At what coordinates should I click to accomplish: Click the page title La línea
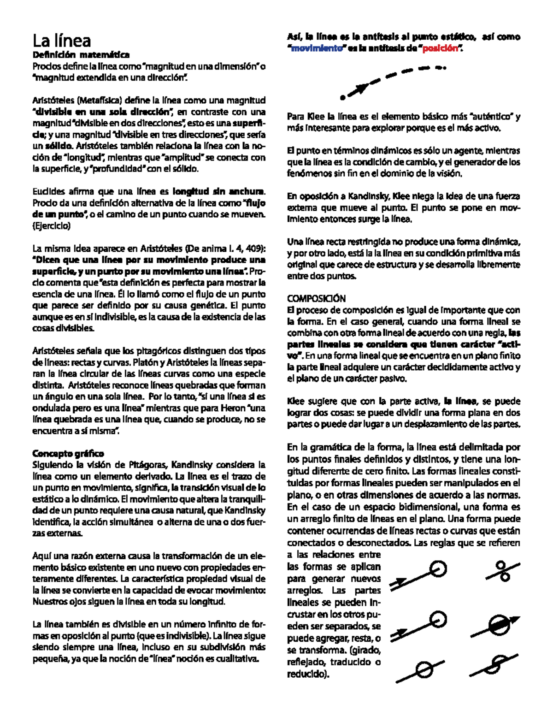tap(62, 41)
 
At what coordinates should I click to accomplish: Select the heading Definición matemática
tap(81, 55)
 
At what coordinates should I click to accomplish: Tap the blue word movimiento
tap(317, 48)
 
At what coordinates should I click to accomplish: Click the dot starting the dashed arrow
tap(342, 97)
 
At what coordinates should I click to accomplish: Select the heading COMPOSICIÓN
tap(316, 298)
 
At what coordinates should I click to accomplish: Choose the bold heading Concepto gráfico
tap(68, 453)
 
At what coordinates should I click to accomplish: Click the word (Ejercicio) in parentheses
tap(51, 226)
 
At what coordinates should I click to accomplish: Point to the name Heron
tap(234, 408)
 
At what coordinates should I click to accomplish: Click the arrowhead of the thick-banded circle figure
tap(515, 621)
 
